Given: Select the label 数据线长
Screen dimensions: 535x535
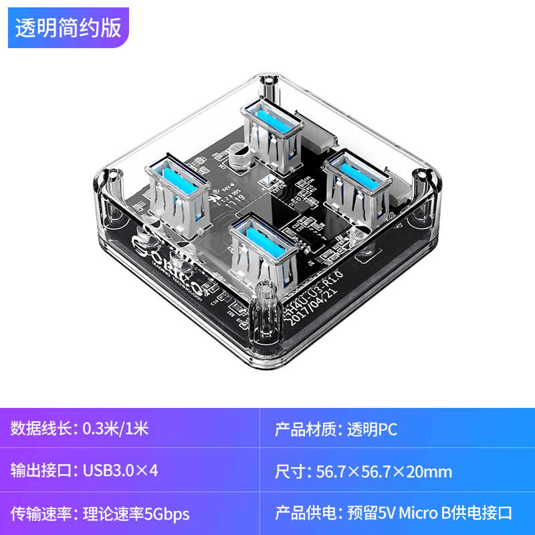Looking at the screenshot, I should tap(41, 429).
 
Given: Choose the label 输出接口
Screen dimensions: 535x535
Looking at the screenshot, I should tap(41, 471).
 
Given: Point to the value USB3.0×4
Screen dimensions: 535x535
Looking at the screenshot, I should tap(120, 471).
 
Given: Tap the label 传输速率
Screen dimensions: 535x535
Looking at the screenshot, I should tap(41, 514).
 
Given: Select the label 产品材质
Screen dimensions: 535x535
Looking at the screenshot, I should tap(306, 429).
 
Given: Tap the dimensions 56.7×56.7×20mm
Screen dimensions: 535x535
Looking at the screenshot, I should tap(384, 471).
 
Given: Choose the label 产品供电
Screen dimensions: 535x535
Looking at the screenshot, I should tap(306, 514).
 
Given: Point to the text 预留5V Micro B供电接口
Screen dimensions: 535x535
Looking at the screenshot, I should tap(430, 514).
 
